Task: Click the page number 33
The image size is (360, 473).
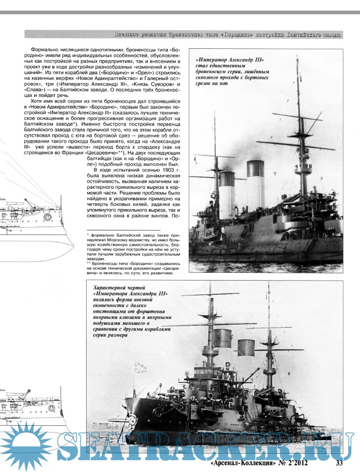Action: pos(340,463)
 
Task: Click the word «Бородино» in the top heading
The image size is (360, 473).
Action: pos(232,35)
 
